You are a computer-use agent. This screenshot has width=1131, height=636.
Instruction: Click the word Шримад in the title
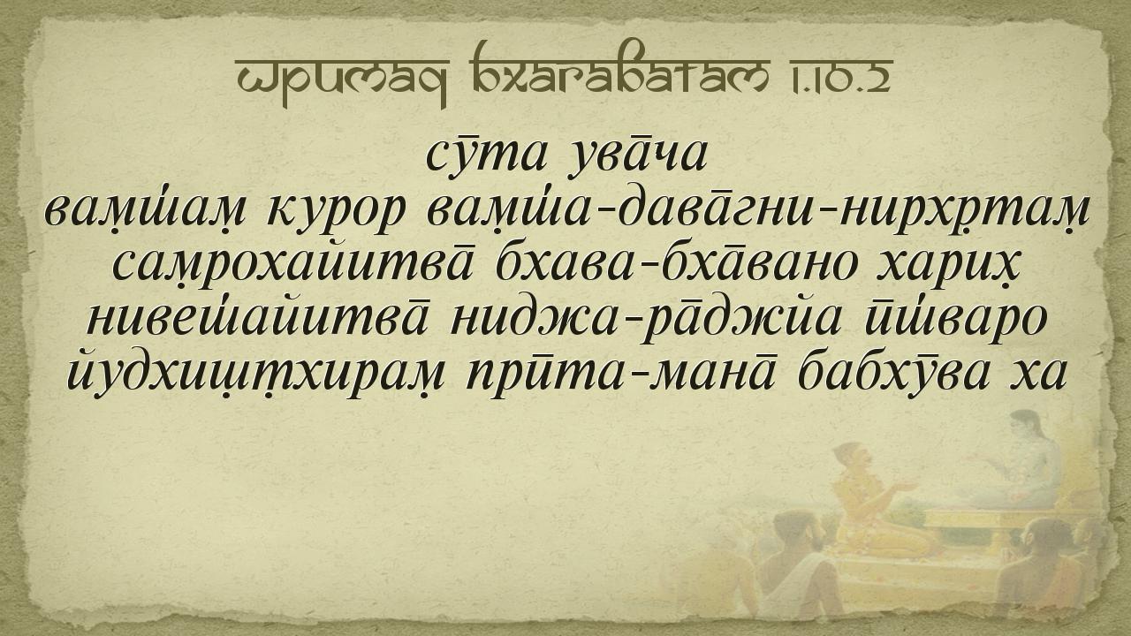[342, 79]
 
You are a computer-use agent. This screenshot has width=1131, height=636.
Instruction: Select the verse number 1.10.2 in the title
[841, 77]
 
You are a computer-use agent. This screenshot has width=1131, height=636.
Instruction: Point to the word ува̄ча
[637, 157]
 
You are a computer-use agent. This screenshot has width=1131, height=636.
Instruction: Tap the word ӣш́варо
[955, 320]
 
